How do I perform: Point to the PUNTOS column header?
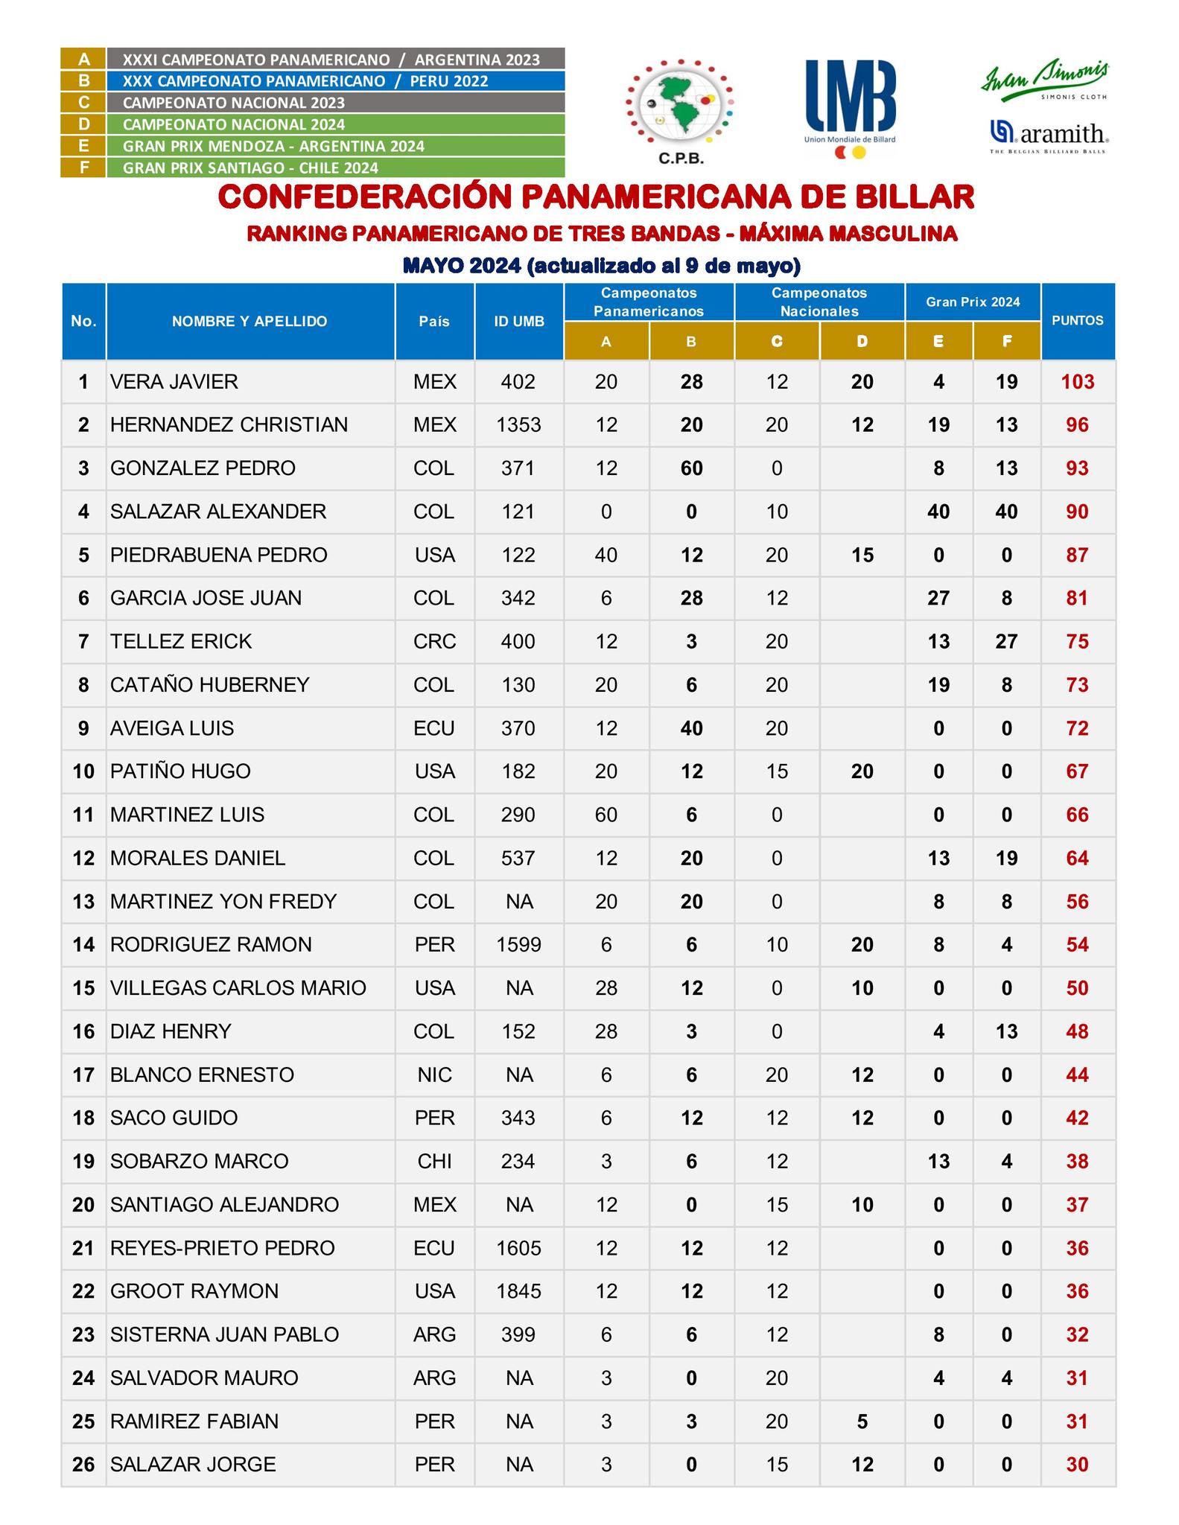pos(1077,321)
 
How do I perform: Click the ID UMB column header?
pos(518,322)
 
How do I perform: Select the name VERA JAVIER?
pos(174,382)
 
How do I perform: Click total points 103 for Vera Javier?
pos(1077,382)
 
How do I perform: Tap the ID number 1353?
pos(518,425)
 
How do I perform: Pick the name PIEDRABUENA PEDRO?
pos(218,555)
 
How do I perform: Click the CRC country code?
pos(434,642)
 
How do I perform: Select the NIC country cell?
pos(434,1075)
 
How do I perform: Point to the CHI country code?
pos(434,1162)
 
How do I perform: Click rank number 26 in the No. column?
pos(83,1465)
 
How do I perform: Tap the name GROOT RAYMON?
pos(194,1291)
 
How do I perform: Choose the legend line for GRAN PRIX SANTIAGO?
pos(250,168)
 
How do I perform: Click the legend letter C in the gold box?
pos(83,103)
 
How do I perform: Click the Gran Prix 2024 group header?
pos(972,302)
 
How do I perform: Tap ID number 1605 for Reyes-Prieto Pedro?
pos(518,1248)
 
